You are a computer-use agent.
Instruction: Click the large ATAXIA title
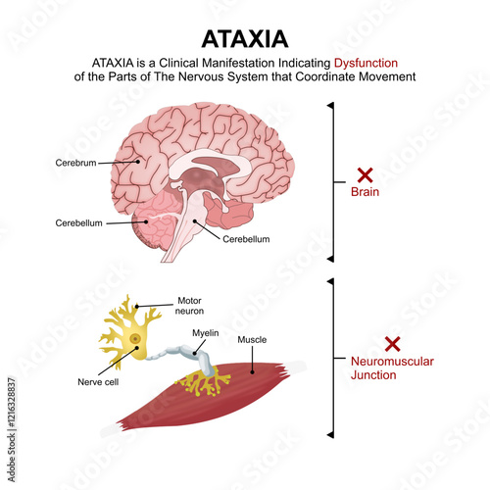click(245, 39)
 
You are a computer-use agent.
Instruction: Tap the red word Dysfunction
click(366, 63)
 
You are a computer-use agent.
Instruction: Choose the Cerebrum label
click(75, 163)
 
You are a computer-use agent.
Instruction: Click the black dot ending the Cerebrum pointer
click(138, 162)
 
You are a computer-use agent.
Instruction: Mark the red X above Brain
click(365, 175)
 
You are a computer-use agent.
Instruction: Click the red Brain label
click(365, 192)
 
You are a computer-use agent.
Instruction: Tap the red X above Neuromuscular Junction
click(392, 344)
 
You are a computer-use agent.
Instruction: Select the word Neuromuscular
click(392, 362)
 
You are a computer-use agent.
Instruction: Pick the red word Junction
click(373, 375)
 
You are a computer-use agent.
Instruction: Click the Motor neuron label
click(189, 306)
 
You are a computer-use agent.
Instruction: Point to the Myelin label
click(206, 333)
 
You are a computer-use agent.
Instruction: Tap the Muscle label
click(252, 340)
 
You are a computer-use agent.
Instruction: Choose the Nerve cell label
click(98, 382)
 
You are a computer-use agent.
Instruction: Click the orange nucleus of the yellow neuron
click(135, 339)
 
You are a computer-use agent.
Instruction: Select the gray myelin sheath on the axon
click(184, 355)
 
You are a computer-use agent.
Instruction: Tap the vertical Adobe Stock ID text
click(12, 429)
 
